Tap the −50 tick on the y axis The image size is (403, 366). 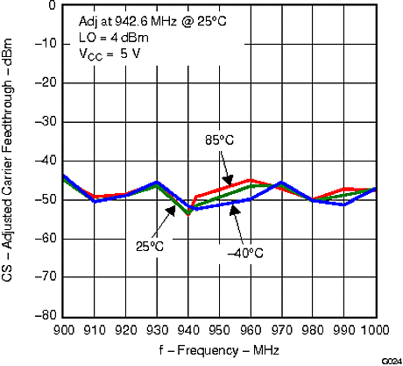click(x=47, y=199)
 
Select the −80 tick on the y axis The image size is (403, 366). click(x=47, y=315)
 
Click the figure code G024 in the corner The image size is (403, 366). click(x=390, y=361)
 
